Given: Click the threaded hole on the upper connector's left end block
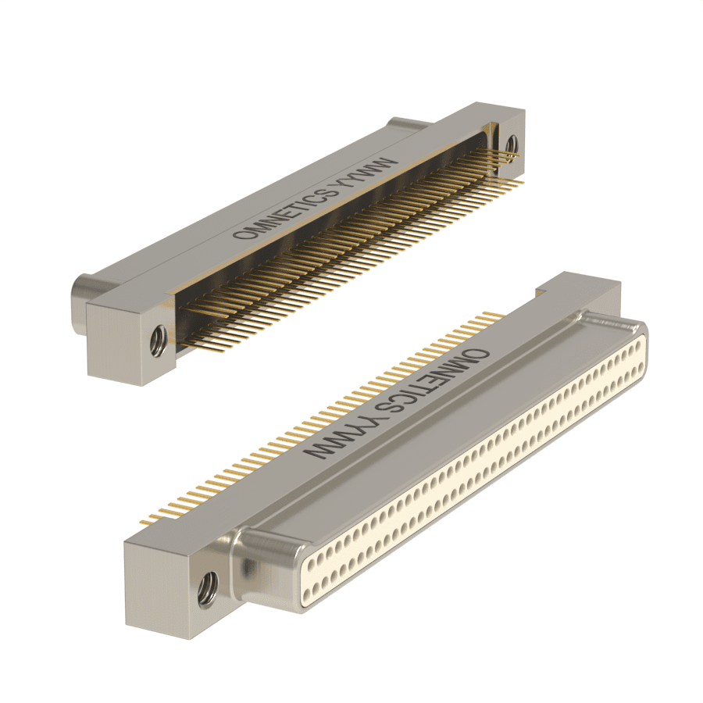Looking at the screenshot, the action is pyautogui.click(x=159, y=341).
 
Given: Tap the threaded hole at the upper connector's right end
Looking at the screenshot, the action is pyautogui.click(x=511, y=146).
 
